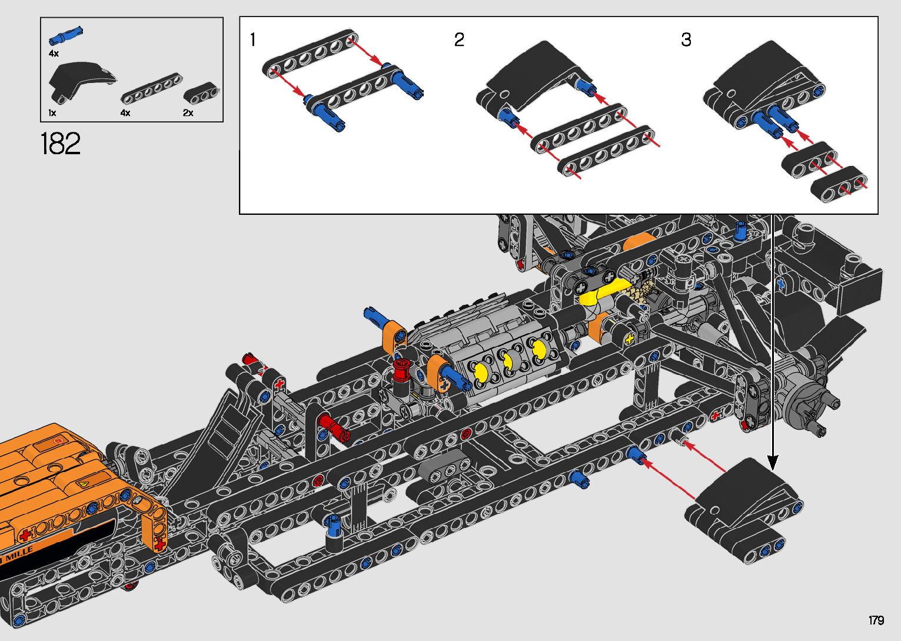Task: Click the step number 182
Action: (61, 144)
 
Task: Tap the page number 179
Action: (876, 620)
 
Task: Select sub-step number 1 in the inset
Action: (252, 40)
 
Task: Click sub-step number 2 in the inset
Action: (459, 40)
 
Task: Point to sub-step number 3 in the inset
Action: (686, 40)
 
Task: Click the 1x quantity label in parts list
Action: (52, 112)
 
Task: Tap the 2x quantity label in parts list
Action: (188, 112)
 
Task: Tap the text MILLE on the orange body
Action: (19, 554)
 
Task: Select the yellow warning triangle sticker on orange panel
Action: (84, 484)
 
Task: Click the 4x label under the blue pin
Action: (54, 54)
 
